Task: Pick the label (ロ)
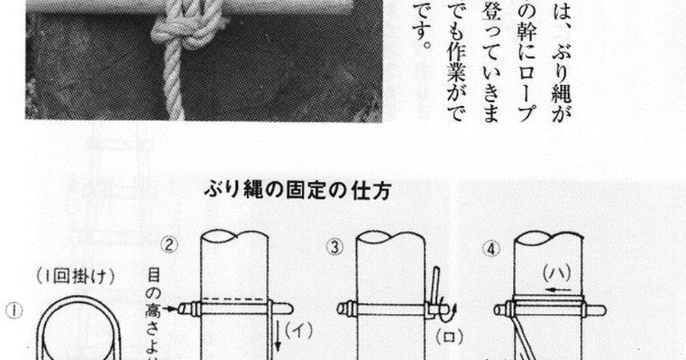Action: (x=450, y=336)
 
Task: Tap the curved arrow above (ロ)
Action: (x=452, y=313)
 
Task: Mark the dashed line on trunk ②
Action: (x=234, y=299)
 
